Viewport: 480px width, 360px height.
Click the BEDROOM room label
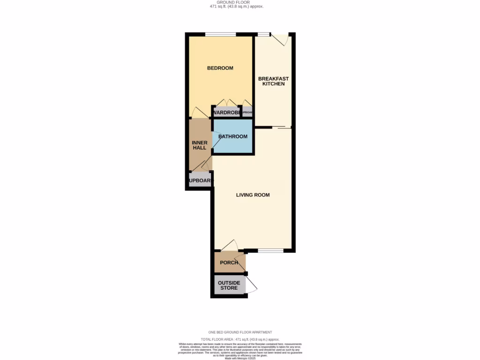pyautogui.click(x=220, y=68)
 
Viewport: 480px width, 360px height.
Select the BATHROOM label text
pyautogui.click(x=232, y=136)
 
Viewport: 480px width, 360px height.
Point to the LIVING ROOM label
pyautogui.click(x=253, y=195)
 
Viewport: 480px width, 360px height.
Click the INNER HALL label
pyautogui.click(x=200, y=145)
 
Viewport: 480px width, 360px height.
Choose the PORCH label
pyautogui.click(x=229, y=262)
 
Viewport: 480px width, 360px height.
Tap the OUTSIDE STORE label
pyautogui.click(x=229, y=285)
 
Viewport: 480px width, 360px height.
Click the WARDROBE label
pyautogui.click(x=227, y=112)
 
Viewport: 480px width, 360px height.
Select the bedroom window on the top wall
pyautogui.click(x=220, y=34)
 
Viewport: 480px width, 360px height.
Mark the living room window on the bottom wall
pyautogui.click(x=270, y=251)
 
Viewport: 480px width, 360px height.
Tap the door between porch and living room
pyautogui.click(x=230, y=246)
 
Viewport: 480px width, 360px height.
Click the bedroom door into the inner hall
pyautogui.click(x=199, y=112)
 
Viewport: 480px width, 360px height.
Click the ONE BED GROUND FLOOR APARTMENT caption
pyautogui.click(x=240, y=332)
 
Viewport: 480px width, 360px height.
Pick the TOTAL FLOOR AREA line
pyautogui.click(x=240, y=339)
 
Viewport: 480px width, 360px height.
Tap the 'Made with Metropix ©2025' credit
pyautogui.click(x=240, y=358)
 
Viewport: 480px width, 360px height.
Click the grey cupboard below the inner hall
pyautogui.click(x=200, y=180)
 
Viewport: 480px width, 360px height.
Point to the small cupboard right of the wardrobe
pyautogui.click(x=248, y=112)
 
